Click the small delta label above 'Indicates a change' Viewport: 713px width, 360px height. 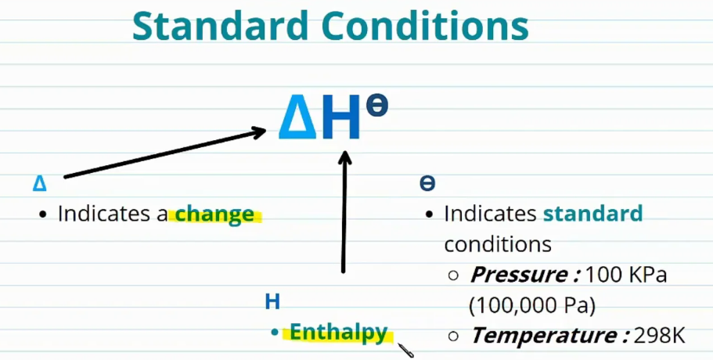point(40,184)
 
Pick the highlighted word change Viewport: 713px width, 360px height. point(215,214)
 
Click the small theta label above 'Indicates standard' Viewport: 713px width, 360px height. point(427,183)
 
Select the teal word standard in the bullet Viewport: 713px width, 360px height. point(592,214)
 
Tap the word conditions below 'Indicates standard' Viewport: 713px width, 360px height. point(498,244)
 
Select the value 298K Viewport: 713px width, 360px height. point(661,336)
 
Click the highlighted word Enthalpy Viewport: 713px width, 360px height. point(339,333)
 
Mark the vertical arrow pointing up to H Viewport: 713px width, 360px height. point(344,211)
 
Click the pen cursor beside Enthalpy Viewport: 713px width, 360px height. point(405,349)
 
